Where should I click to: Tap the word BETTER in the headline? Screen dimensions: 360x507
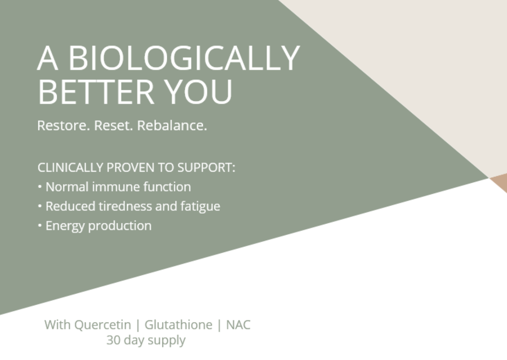(96, 92)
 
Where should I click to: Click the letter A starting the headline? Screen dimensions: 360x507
(47, 58)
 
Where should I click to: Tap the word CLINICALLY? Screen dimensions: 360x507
(70, 168)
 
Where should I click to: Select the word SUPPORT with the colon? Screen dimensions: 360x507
(206, 168)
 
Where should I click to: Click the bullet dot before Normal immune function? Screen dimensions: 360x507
(40, 187)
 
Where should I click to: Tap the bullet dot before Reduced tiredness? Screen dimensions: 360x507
(40, 206)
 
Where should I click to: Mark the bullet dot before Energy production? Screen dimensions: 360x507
(40, 226)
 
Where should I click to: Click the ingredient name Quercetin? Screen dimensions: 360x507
(102, 325)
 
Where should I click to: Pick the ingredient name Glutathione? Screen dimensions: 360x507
(178, 325)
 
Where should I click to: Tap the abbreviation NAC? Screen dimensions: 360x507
(238, 325)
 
